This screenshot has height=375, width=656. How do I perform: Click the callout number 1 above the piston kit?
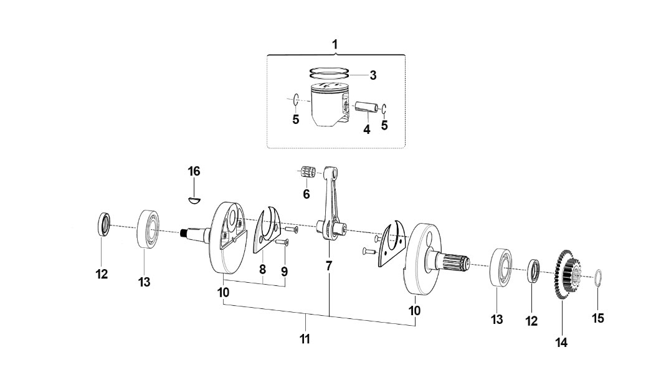335,44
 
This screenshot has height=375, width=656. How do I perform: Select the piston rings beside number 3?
329,73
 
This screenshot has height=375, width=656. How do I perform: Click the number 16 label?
194,171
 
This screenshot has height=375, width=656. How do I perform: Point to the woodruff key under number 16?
194,199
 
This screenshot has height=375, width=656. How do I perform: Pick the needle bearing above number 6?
308,173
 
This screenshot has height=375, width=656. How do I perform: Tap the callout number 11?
305,339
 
